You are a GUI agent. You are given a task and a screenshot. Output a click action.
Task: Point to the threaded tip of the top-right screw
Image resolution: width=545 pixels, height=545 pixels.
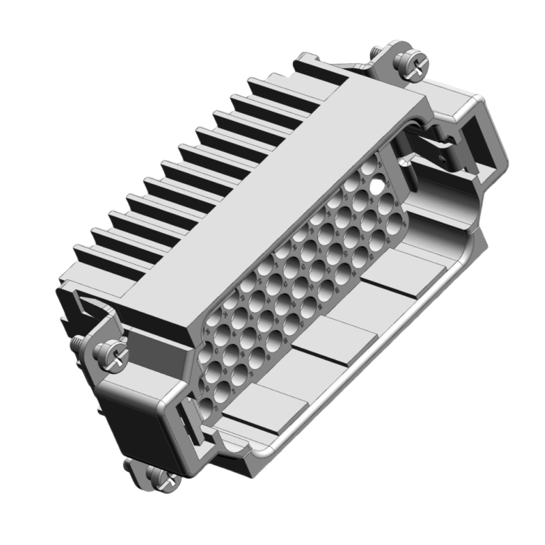point(377,52)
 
